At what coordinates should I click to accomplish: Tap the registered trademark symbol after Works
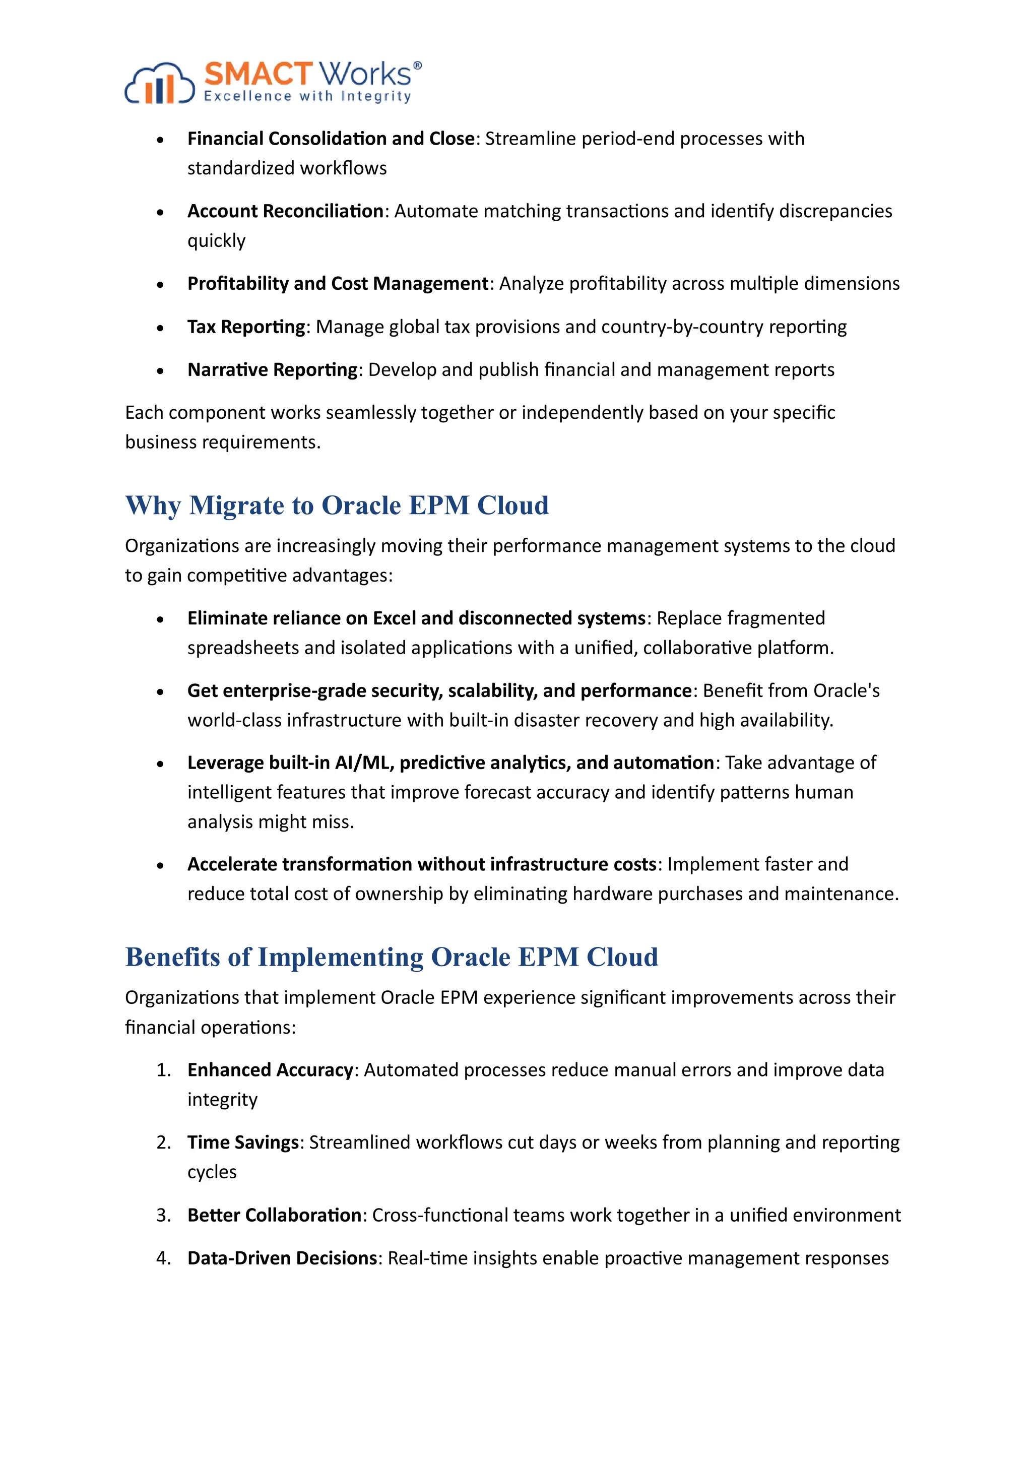click(x=417, y=66)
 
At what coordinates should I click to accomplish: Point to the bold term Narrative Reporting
click(x=273, y=370)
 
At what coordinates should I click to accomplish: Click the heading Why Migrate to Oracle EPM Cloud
click(x=337, y=505)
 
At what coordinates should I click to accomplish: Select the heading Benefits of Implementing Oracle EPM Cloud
click(x=391, y=958)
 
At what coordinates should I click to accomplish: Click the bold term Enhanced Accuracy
click(x=270, y=1070)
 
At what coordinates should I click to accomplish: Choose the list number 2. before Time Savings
click(x=163, y=1142)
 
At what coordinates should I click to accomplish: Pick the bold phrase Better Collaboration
click(x=275, y=1215)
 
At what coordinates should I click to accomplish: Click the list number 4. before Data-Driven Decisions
click(x=163, y=1258)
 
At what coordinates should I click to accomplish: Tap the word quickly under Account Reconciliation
click(x=216, y=241)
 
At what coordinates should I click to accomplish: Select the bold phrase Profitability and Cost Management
click(x=338, y=284)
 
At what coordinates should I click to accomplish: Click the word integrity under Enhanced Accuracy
click(x=222, y=1100)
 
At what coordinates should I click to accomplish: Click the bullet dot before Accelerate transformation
click(x=160, y=865)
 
